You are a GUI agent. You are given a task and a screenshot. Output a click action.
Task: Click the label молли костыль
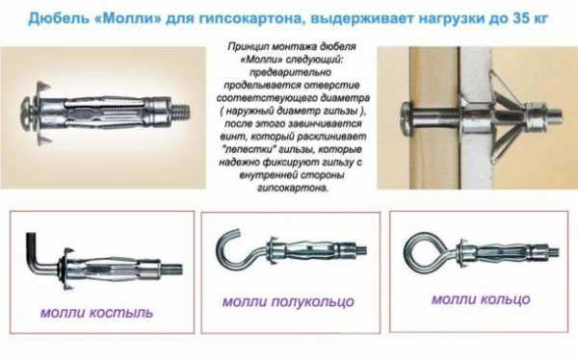pos(96,313)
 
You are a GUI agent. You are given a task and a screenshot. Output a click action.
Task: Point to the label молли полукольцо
pos(288,302)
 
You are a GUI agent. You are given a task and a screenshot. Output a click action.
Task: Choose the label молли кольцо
pos(481,299)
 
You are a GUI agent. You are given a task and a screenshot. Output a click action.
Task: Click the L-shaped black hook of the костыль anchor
pos(38,255)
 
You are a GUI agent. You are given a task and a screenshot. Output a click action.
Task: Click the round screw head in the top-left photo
pos(27,112)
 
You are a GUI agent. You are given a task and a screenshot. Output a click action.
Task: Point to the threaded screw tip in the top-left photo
pos(181,112)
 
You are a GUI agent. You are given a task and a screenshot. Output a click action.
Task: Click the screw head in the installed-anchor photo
pos(406,118)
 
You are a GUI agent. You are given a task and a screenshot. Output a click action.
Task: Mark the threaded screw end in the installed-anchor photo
pos(553,115)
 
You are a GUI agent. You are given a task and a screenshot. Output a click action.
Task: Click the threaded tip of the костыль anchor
pos(172,269)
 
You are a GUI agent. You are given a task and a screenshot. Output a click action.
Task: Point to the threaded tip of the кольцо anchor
pos(551,252)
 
